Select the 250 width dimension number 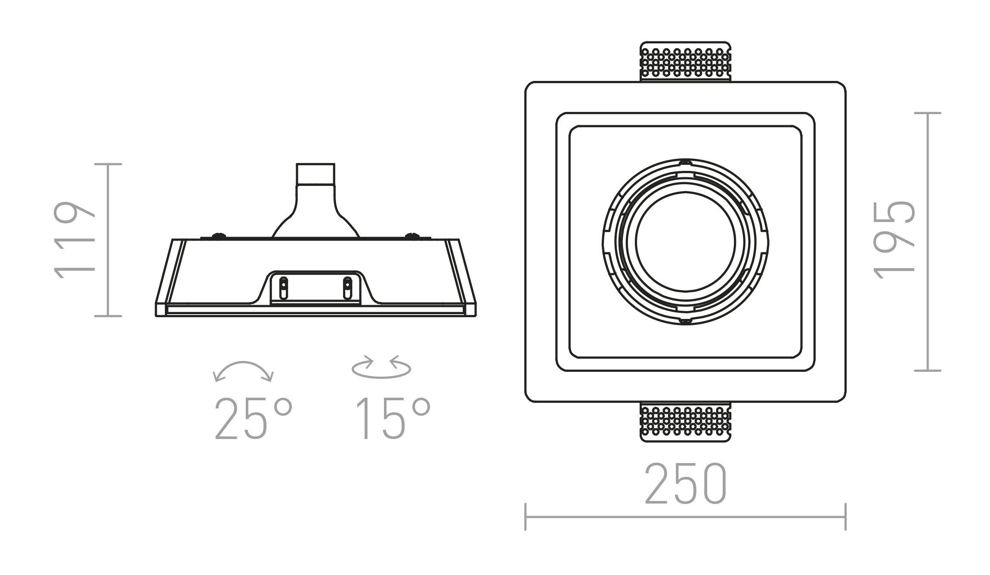685,484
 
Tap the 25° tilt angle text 253,419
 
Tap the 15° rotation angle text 393,419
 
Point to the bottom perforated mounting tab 685,422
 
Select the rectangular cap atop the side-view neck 316,174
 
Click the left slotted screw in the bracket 283,288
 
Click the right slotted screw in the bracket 347,288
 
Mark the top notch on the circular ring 685,163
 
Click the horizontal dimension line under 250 685,517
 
